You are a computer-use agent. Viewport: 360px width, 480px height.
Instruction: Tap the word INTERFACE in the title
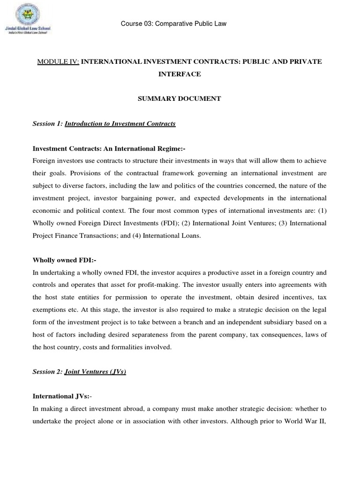pyautogui.click(x=180, y=74)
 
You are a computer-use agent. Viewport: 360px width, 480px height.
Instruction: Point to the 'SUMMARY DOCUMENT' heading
pyautogui.click(x=180, y=99)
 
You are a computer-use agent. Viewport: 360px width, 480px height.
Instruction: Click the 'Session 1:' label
pyautogui.click(x=47, y=124)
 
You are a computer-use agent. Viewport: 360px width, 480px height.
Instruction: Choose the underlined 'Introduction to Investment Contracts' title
pyautogui.click(x=120, y=124)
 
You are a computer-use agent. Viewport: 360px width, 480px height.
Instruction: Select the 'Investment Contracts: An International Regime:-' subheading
pyautogui.click(x=109, y=149)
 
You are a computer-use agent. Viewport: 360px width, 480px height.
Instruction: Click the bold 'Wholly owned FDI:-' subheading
pyautogui.click(x=64, y=259)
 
